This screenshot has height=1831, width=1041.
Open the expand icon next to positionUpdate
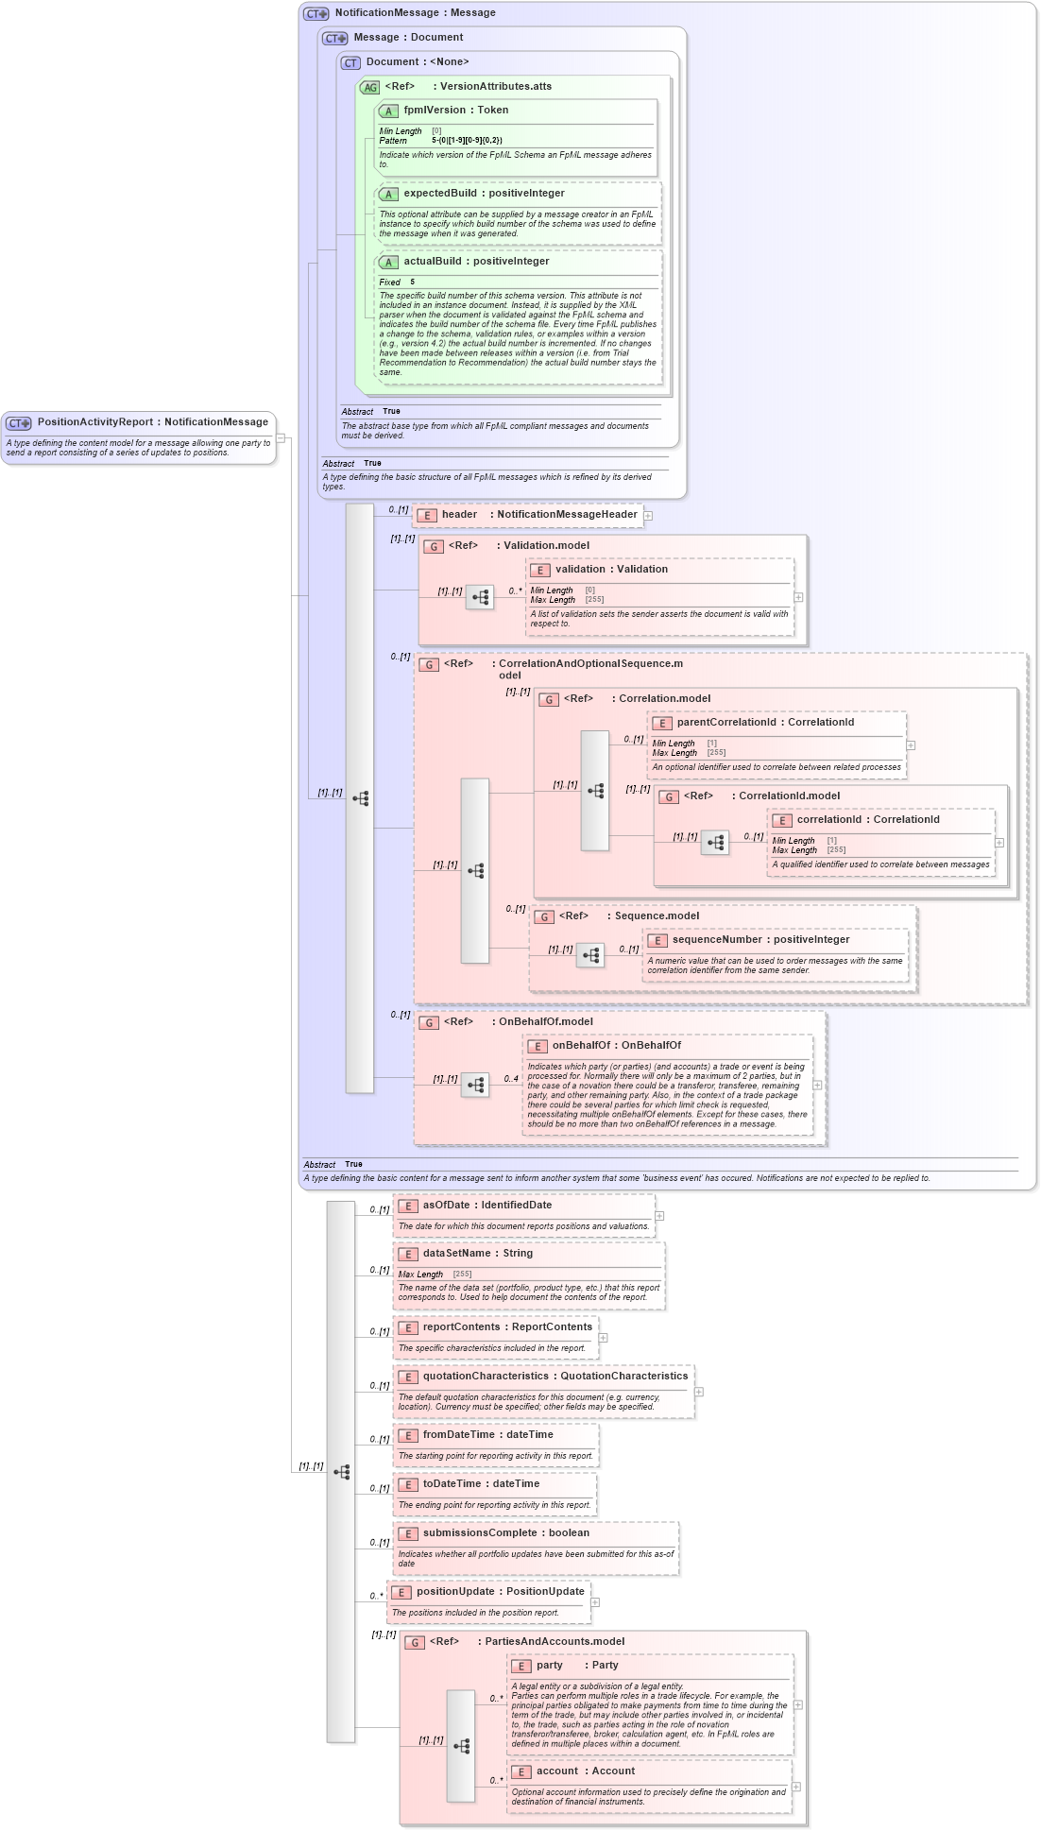pos(595,1602)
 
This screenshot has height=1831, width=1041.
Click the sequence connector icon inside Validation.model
pos(480,597)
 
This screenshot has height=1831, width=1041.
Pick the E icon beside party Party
pos(520,1666)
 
